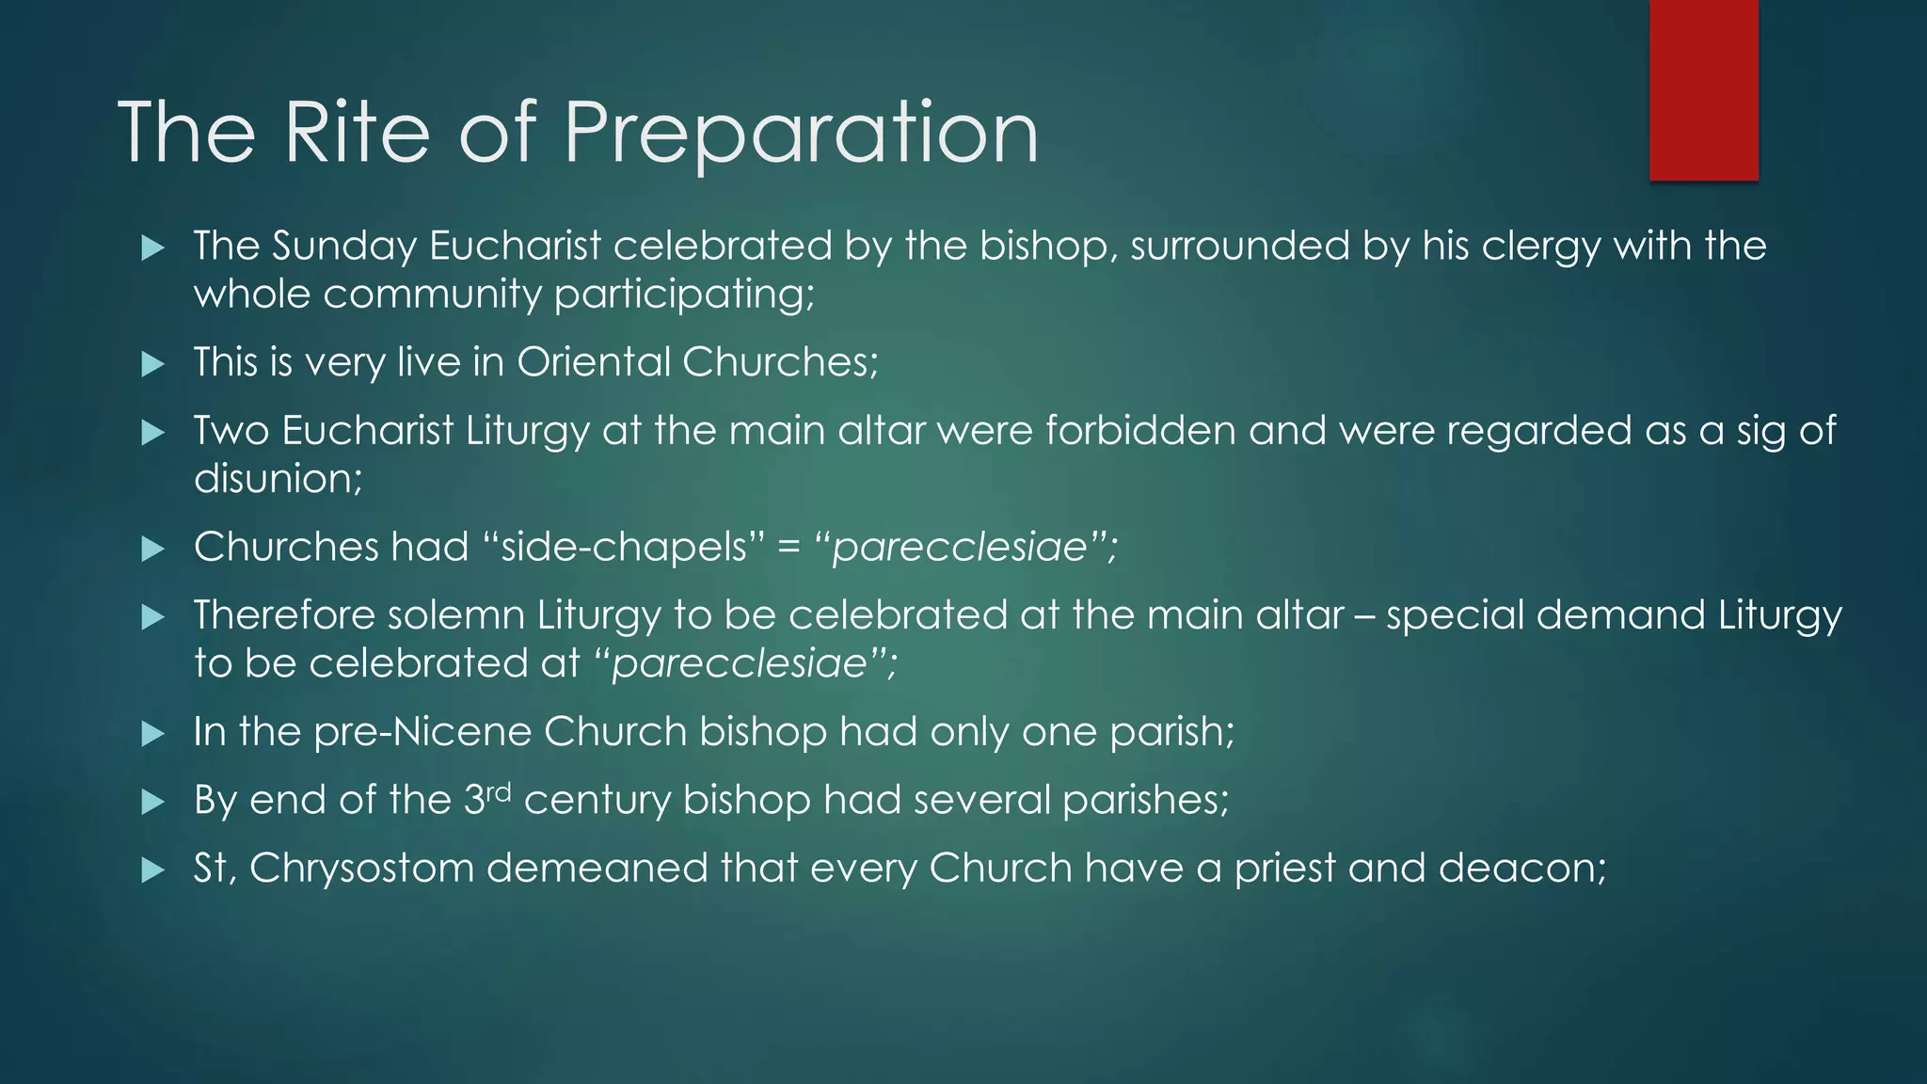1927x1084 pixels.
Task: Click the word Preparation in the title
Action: [x=801, y=134]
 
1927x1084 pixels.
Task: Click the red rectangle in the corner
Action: [x=1703, y=89]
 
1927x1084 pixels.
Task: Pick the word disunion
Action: [x=277, y=479]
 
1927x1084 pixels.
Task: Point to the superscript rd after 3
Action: [x=499, y=791]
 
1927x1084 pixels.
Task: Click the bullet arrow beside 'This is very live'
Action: [x=152, y=364]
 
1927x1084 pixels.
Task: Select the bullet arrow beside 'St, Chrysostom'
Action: [x=152, y=869]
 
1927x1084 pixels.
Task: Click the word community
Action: [x=432, y=295]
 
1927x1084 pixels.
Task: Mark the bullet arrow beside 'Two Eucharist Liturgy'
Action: [x=152, y=433]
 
